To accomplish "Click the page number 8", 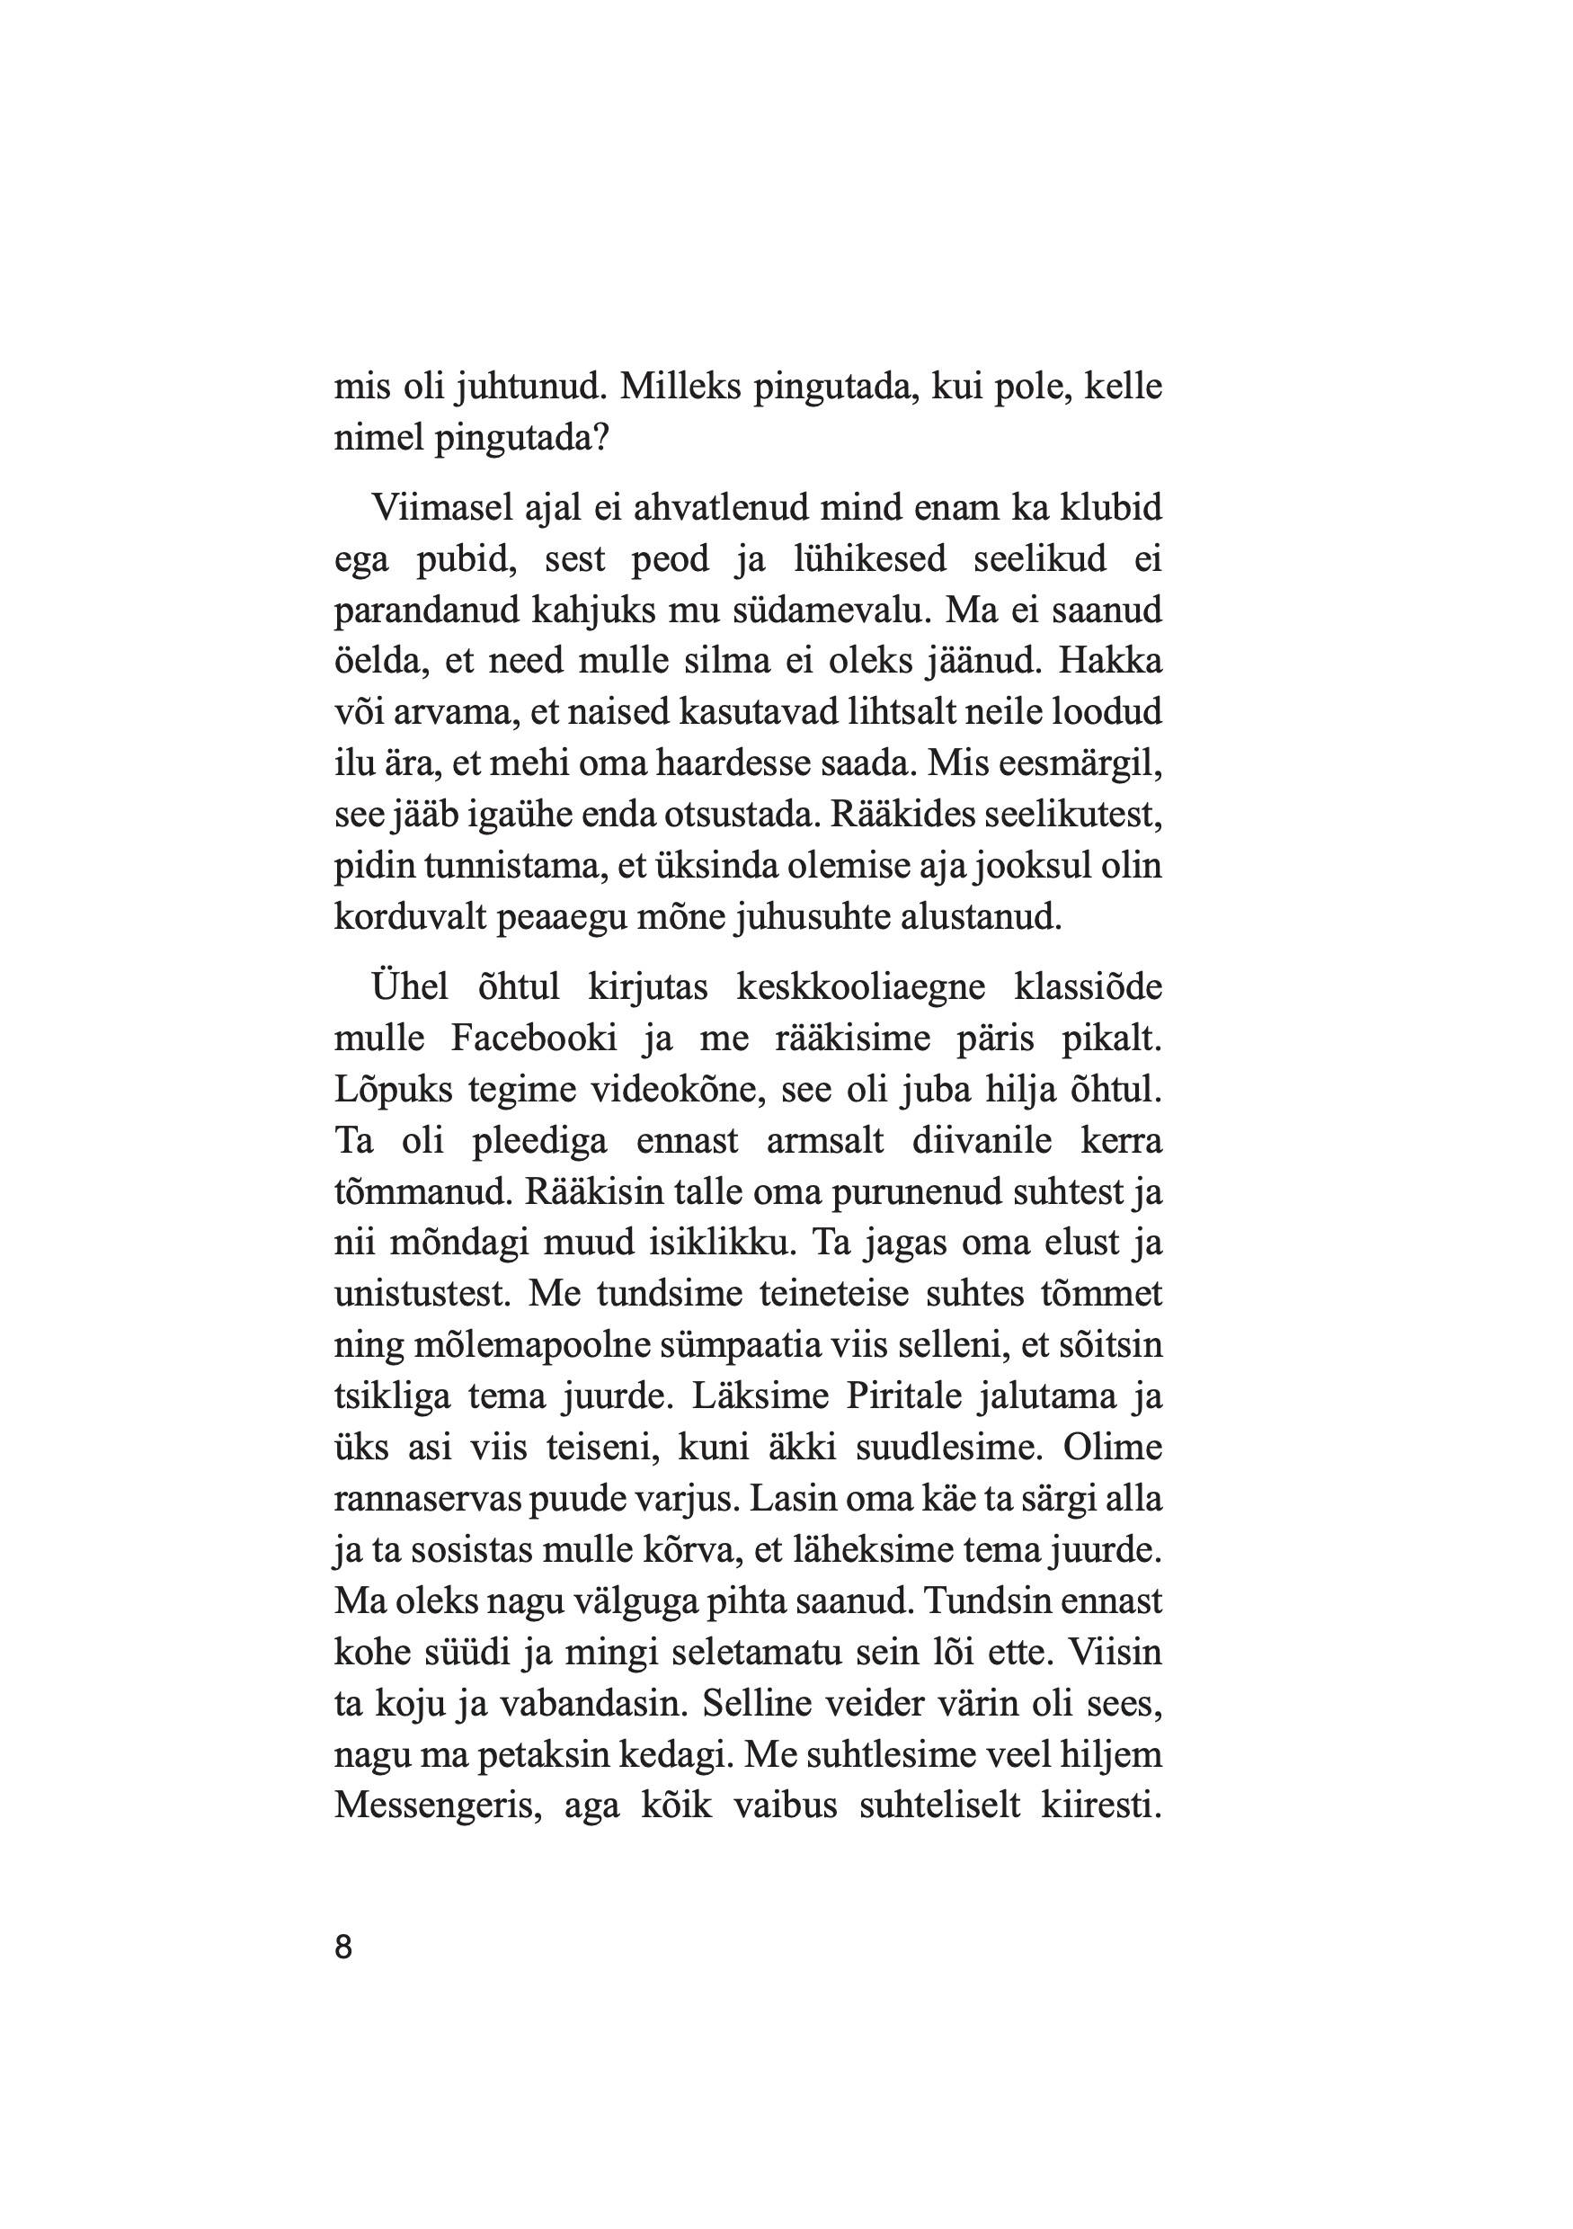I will pos(343,1947).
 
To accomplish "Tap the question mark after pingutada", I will pos(600,439).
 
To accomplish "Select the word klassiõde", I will pos(1087,986).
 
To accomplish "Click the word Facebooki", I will pos(534,1038).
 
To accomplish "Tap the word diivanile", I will pos(981,1140).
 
